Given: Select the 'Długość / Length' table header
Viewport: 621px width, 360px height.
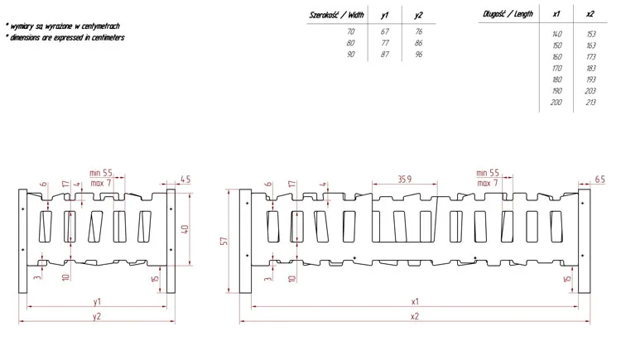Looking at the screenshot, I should pos(507,15).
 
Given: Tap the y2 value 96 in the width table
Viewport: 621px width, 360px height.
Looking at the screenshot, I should pos(419,53).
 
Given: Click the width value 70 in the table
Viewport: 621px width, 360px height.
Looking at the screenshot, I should pos(351,31).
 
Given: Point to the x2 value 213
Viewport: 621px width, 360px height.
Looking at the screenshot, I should pos(590,102).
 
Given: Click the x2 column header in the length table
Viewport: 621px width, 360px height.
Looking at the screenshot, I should pos(590,15).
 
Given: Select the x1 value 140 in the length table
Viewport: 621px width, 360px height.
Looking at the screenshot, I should pos(556,34).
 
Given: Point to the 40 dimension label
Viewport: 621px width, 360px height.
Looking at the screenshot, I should pos(185,228).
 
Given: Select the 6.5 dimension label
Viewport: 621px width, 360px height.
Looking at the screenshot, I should pos(599,179).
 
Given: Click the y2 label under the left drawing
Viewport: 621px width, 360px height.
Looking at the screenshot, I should pos(97,315).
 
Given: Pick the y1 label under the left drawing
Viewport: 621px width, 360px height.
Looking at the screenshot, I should pos(97,301).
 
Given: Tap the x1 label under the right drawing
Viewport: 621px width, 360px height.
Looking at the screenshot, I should pos(415,301).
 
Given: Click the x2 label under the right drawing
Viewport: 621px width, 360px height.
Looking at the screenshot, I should pos(415,315).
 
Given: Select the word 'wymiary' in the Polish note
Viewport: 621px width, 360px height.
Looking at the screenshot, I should pos(24,26).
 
